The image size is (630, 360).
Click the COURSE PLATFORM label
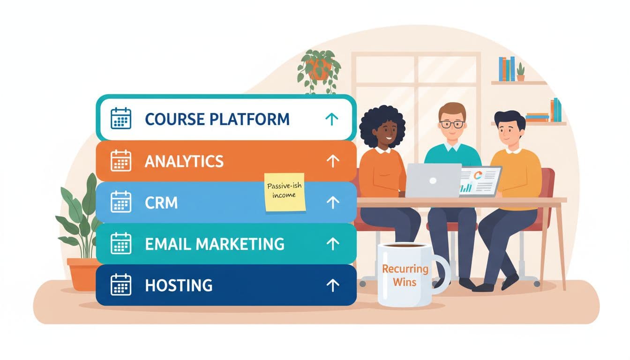(x=217, y=119)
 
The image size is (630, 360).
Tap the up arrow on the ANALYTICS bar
(x=332, y=161)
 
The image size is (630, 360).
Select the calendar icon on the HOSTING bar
(x=120, y=285)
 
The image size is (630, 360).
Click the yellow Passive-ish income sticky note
(x=285, y=192)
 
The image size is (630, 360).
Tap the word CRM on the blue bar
(x=161, y=202)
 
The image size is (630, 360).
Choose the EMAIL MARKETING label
(x=214, y=244)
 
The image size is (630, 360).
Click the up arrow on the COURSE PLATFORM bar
(x=331, y=120)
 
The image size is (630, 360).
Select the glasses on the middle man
(x=452, y=124)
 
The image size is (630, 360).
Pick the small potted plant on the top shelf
(x=520, y=73)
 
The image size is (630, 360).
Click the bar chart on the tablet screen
(x=466, y=188)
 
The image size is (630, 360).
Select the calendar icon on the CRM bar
(x=120, y=202)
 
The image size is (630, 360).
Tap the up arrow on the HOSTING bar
(x=332, y=285)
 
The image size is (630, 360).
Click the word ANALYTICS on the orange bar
(x=184, y=161)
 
